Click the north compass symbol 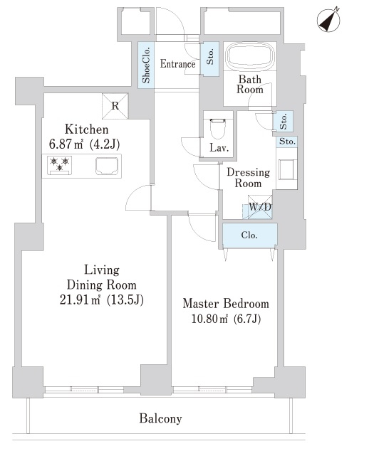328,20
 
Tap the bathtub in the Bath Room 251,56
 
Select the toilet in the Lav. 218,128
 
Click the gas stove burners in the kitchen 60,166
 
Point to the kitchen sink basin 107,166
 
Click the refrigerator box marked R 115,106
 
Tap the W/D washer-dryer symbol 260,207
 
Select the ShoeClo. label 146,65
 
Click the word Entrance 177,64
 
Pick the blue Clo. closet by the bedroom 249,235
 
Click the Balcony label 160,419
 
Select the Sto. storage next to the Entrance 210,59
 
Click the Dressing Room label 249,178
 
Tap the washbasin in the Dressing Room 286,170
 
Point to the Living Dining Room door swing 138,198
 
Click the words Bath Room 249,85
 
